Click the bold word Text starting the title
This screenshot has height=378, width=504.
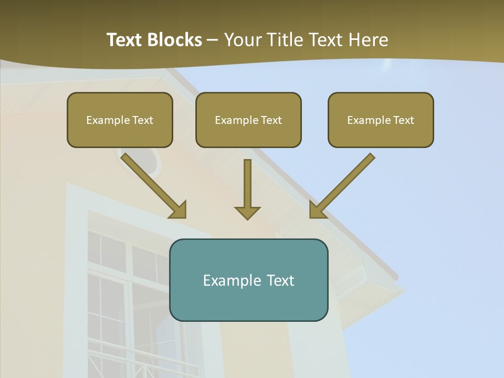(125, 40)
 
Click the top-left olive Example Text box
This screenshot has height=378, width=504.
(120, 120)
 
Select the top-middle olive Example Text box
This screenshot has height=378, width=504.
(248, 120)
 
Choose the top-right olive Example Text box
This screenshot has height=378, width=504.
(381, 120)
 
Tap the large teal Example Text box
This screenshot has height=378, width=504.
(248, 280)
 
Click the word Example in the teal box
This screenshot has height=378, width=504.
(228, 280)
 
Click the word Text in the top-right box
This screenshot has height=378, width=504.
(404, 120)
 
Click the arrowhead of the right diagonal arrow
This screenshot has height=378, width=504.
(317, 210)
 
